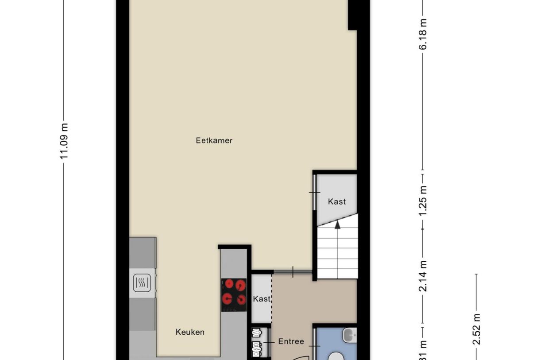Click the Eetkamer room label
point(214,141)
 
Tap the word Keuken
point(190,332)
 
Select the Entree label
point(291,341)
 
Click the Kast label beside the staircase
point(336,201)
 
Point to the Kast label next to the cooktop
point(261,299)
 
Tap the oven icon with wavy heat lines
point(143,283)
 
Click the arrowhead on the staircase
point(337,225)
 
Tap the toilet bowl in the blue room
point(337,356)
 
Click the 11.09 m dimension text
point(65,141)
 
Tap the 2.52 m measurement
point(476,329)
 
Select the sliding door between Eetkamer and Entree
point(293,271)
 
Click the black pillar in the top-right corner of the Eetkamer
point(352,15)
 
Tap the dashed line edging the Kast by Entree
point(272,299)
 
